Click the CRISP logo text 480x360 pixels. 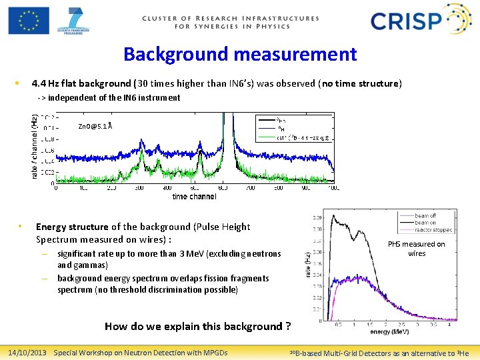point(406,21)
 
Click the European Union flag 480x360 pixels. point(29,21)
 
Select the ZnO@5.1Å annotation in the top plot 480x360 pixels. point(95,125)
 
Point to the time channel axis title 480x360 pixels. point(194,197)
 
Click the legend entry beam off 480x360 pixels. point(425,216)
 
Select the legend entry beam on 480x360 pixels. point(425,223)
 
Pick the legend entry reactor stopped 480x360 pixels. point(433,230)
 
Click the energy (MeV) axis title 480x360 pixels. point(390,332)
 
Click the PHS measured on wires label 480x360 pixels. point(417,249)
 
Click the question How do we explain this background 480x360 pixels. point(197,326)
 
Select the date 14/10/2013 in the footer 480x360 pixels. point(27,352)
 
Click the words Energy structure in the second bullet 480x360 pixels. point(72,227)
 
